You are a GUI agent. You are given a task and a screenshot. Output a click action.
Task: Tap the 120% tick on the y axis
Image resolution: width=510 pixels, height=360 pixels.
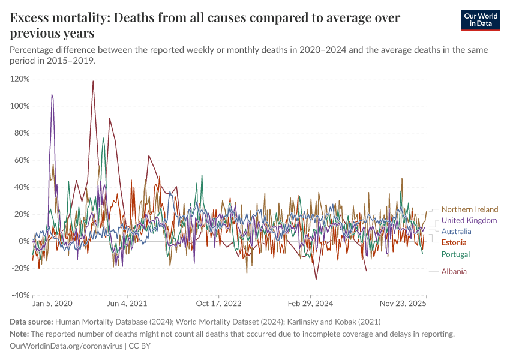point(20,79)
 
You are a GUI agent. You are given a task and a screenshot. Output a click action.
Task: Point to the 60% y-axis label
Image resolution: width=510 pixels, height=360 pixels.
point(22,160)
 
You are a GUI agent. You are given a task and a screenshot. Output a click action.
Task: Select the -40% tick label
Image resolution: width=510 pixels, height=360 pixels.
point(21,295)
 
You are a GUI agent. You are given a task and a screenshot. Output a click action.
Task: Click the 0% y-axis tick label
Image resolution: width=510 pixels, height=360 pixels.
point(25,241)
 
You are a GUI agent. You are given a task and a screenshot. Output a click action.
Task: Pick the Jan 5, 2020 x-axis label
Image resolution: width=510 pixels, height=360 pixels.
point(52,304)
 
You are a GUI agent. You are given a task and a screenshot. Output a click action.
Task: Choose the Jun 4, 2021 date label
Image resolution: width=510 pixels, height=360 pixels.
point(127,304)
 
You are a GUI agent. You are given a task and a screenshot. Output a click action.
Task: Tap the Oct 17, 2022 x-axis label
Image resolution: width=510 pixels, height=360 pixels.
point(218,304)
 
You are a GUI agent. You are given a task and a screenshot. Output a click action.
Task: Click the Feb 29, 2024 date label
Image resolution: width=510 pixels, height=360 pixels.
point(310,304)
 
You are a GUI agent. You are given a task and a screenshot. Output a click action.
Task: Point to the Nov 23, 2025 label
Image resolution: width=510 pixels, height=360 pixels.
point(403,304)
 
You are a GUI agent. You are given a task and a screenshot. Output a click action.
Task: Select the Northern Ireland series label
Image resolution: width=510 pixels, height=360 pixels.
point(470,209)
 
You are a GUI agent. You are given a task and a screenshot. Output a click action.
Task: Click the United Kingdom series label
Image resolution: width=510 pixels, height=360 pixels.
point(469,220)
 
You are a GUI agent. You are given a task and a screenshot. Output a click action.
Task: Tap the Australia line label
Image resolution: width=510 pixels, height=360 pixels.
point(456,231)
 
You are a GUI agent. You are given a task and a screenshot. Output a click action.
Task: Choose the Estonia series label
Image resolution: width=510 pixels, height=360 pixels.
point(454,242)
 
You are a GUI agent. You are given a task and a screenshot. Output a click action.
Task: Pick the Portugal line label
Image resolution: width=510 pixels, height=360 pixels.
point(455,254)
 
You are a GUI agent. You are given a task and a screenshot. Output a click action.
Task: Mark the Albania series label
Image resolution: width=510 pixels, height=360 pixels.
point(454,271)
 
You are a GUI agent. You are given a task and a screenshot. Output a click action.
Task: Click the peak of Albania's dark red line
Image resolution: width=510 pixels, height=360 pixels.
point(93,82)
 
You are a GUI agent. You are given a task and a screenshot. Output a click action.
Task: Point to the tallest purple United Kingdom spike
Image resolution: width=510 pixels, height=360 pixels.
point(52,95)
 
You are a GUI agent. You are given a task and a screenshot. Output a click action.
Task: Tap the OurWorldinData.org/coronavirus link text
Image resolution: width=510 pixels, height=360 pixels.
point(66,346)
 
